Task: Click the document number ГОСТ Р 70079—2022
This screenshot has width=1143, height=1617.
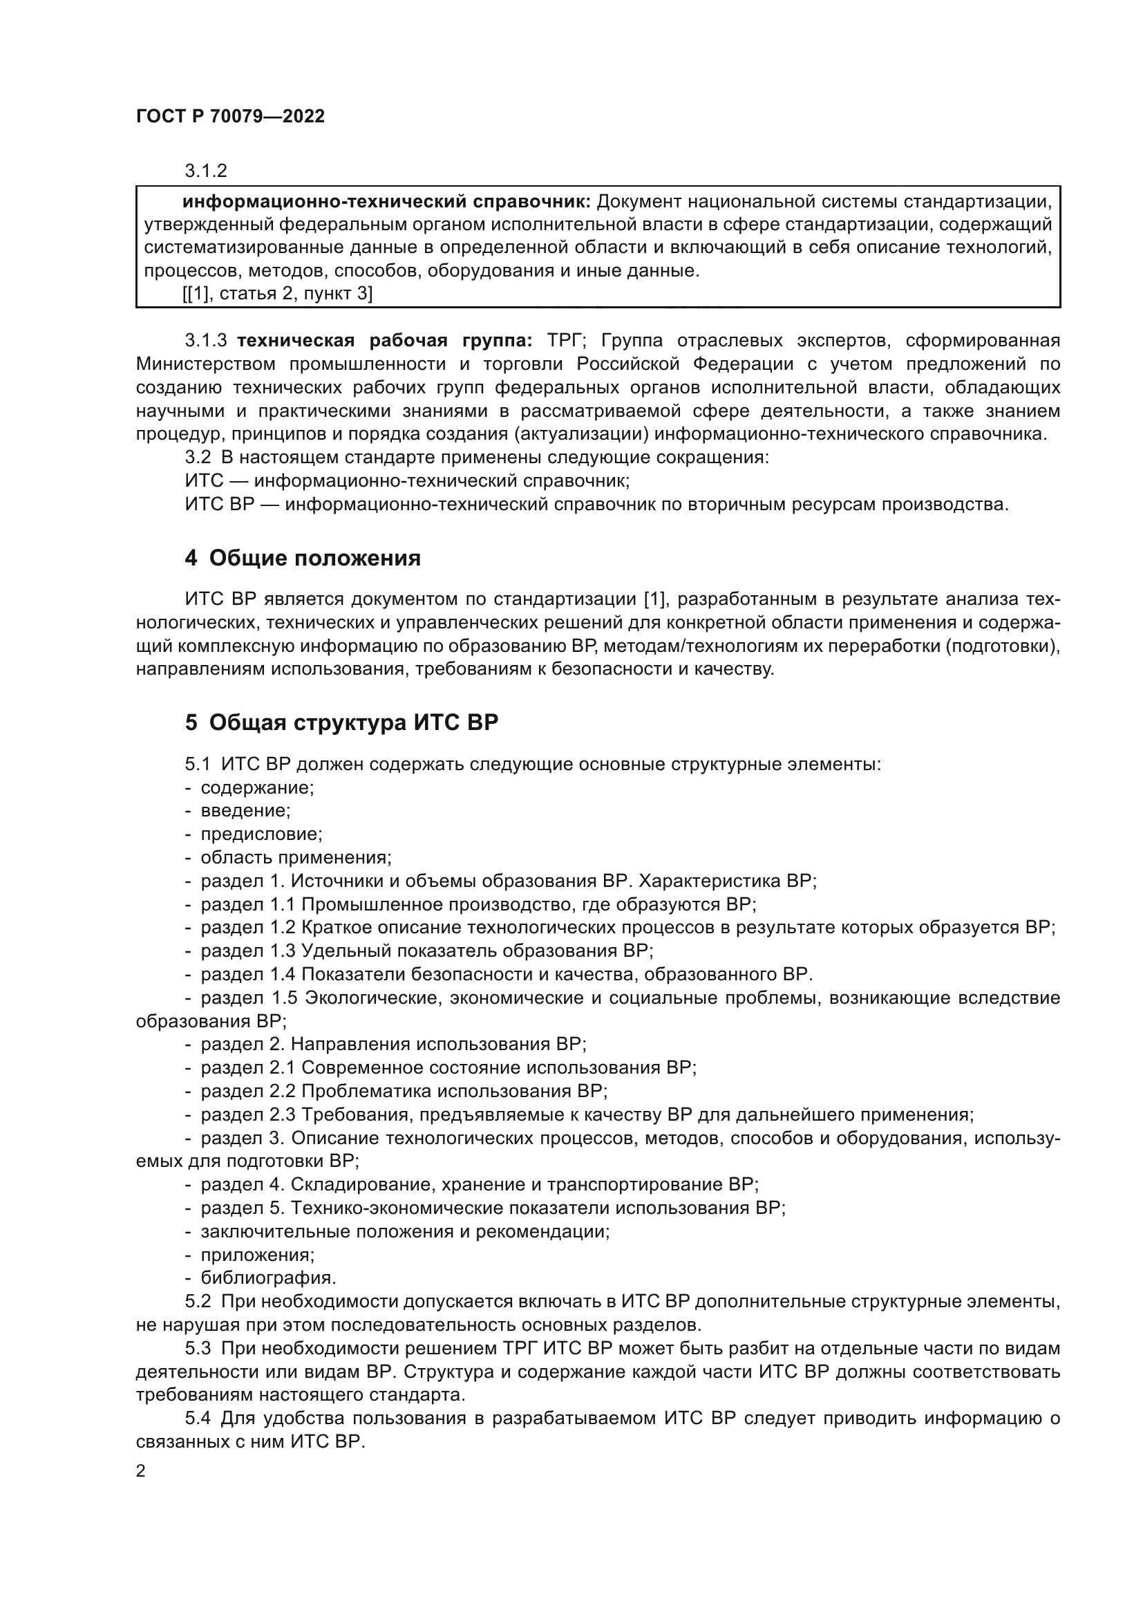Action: click(230, 117)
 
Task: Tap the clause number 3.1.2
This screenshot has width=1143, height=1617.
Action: click(205, 171)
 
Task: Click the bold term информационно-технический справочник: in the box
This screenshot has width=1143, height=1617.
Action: click(386, 202)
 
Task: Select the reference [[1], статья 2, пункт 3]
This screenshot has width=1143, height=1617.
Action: click(277, 294)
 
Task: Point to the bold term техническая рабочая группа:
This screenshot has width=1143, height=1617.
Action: click(384, 341)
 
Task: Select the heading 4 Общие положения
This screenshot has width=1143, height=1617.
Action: click(303, 559)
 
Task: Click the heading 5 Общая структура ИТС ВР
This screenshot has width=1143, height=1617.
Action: click(341, 723)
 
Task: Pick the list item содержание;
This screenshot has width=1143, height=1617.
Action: click(257, 787)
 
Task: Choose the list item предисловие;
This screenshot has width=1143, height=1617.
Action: click(261, 834)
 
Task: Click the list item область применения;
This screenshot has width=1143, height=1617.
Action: click(296, 858)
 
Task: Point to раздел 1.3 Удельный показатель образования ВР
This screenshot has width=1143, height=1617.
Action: click(426, 951)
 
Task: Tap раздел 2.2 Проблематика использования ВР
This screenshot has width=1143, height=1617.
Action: click(404, 1091)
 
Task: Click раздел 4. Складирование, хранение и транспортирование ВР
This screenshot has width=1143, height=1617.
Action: click(480, 1185)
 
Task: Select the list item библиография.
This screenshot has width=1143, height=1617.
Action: click(268, 1278)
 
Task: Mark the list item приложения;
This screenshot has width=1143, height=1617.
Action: click(258, 1254)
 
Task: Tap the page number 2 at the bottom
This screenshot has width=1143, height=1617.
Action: click(141, 1471)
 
